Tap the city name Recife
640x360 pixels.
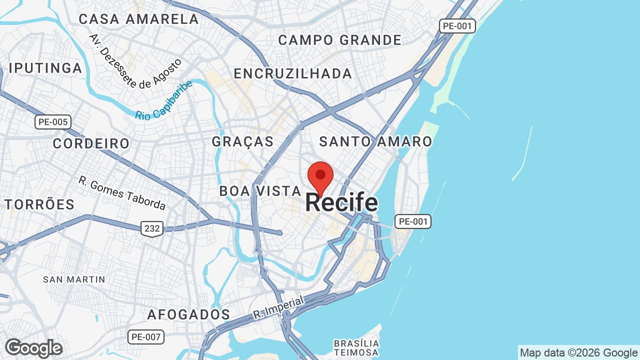[x=341, y=202]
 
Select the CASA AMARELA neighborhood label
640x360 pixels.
[x=139, y=19]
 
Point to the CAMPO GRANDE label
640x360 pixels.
[x=340, y=40]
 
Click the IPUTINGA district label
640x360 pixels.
[x=45, y=68]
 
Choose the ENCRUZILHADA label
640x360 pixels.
[x=293, y=73]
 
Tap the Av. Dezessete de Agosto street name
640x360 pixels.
[x=135, y=61]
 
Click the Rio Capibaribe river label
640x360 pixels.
[x=164, y=100]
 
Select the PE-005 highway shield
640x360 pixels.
[x=53, y=121]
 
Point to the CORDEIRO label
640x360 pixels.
[x=91, y=143]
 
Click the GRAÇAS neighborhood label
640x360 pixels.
[x=243, y=141]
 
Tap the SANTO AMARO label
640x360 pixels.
[x=375, y=141]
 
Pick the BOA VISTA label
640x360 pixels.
[x=260, y=191]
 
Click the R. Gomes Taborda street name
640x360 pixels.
[x=122, y=192]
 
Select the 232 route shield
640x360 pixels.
[x=151, y=228]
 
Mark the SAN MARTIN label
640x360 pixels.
[x=74, y=279]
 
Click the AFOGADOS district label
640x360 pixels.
[x=188, y=314]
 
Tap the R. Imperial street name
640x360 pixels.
[x=278, y=308]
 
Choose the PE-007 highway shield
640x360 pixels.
[x=145, y=337]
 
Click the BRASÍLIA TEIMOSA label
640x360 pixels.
[x=356, y=348]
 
